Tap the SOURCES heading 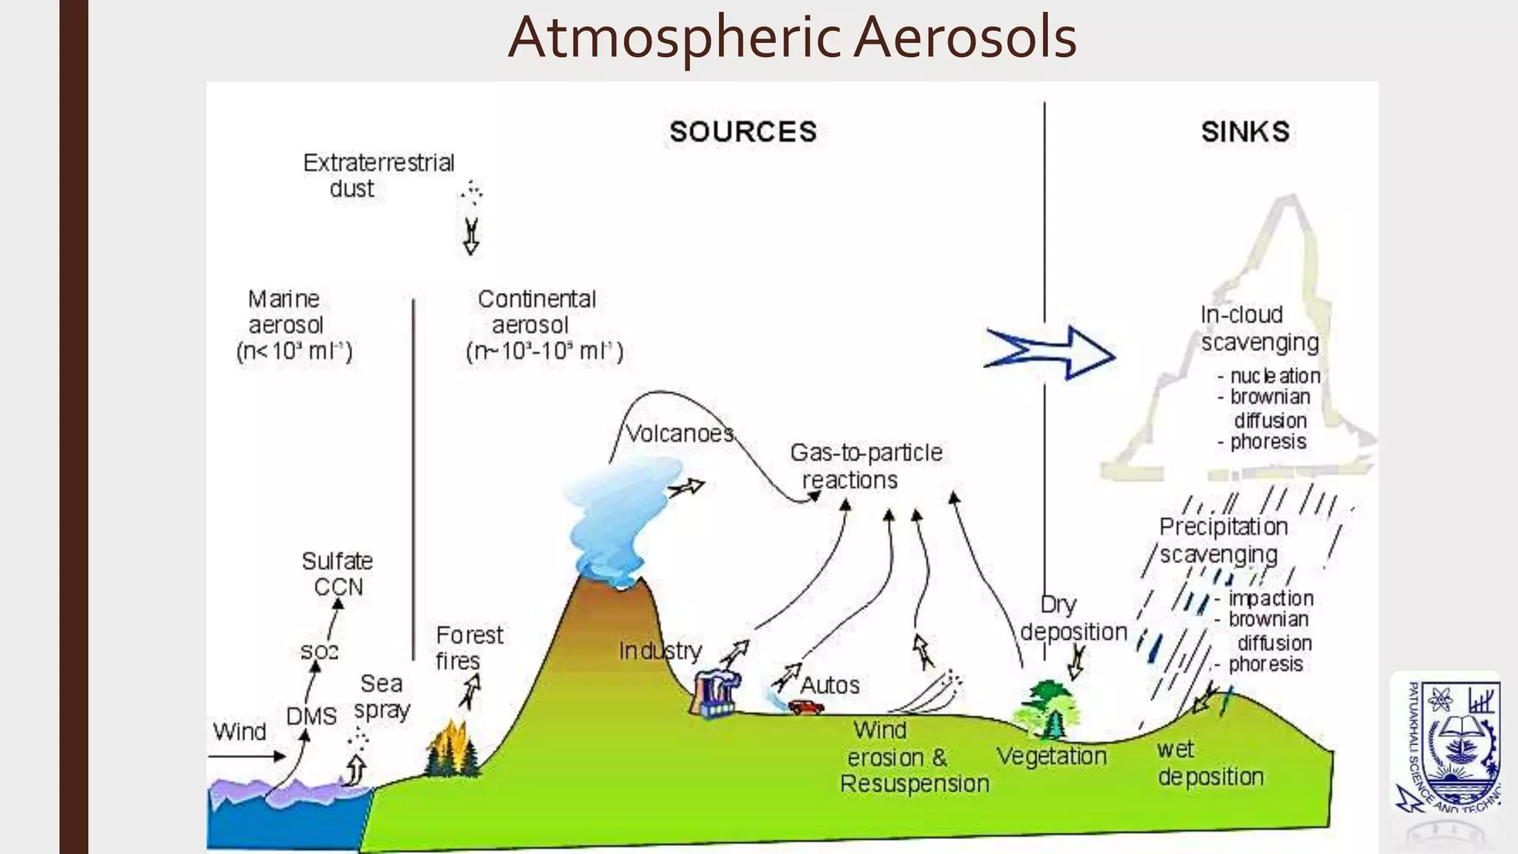(743, 132)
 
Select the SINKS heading (1245, 132)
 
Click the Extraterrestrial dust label (378, 176)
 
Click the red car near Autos (806, 706)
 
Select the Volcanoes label (680, 433)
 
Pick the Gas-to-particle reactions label (865, 466)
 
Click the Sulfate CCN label (337, 574)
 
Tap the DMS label (311, 716)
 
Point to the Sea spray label (382, 696)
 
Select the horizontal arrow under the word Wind (247, 756)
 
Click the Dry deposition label (1073, 618)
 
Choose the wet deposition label (1210, 763)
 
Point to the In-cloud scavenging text (1259, 328)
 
